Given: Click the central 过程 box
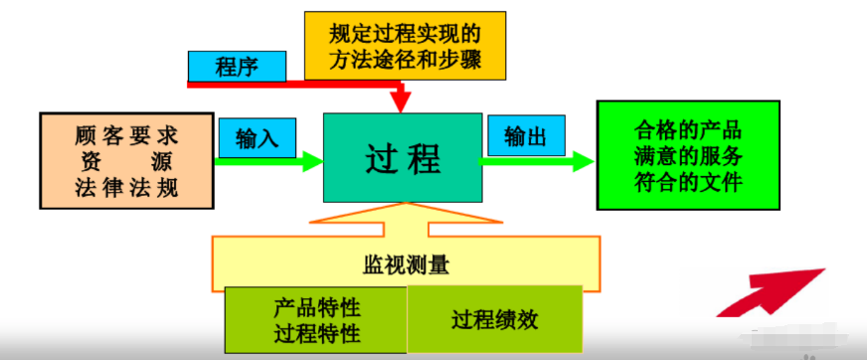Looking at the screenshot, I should tap(402, 157).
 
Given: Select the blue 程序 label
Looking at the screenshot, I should tap(237, 67).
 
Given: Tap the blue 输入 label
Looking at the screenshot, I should tap(258, 137).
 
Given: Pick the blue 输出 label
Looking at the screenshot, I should tap(526, 136).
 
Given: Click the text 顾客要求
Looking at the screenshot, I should tap(126, 133).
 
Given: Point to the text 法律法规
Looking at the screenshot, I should tap(126, 187).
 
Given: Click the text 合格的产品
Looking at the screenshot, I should tap(688, 130).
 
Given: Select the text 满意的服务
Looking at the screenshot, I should tap(688, 156).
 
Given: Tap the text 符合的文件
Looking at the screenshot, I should tap(688, 182).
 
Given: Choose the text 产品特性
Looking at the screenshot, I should tap(316, 308).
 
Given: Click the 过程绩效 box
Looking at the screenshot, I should tap(494, 320).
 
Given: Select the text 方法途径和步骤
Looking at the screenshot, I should tap(404, 60).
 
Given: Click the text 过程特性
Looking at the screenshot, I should tap(316, 333).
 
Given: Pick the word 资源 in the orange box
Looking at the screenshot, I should tap(126, 160).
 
